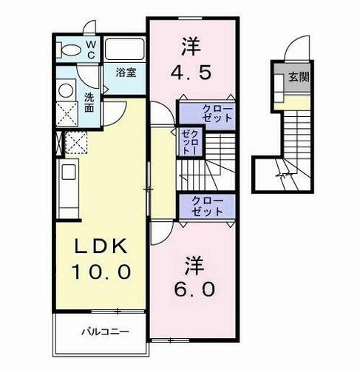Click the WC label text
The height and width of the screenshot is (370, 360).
(89, 49)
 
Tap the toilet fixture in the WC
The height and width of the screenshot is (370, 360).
(70, 50)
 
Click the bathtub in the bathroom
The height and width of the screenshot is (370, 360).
(124, 50)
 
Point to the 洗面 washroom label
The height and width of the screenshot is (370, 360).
(89, 102)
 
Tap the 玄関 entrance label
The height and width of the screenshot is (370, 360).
(298, 76)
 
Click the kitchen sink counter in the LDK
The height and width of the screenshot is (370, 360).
(67, 188)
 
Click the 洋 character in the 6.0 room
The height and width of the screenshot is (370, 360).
(194, 262)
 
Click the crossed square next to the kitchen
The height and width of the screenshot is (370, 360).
(74, 141)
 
